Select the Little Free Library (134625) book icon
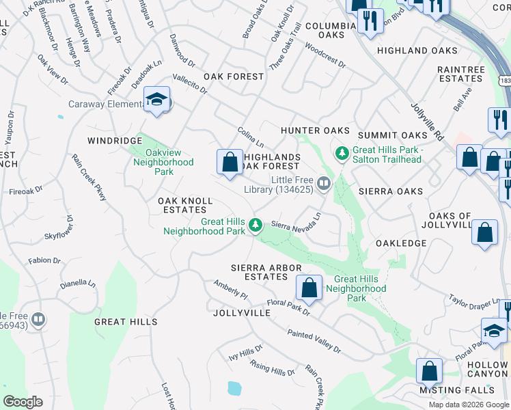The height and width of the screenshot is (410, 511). pyautogui.click(x=324, y=183)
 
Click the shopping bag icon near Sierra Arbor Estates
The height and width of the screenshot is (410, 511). pyautogui.click(x=309, y=288)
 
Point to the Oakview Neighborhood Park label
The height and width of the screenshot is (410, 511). pyautogui.click(x=163, y=163)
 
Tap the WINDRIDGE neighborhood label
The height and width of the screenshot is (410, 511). pyautogui.click(x=113, y=140)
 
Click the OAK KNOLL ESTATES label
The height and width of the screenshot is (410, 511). pyautogui.click(x=185, y=205)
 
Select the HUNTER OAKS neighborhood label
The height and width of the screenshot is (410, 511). pyautogui.click(x=315, y=131)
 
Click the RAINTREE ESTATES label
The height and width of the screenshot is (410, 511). pyautogui.click(x=460, y=74)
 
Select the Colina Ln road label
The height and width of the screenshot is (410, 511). pyautogui.click(x=250, y=137)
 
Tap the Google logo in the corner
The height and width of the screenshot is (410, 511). pyautogui.click(x=23, y=402)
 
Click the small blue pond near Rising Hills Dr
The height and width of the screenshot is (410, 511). pyautogui.click(x=234, y=389)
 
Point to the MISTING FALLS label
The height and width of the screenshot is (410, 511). pyautogui.click(x=457, y=389)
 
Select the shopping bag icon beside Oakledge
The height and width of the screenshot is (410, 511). pyautogui.click(x=484, y=232)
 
